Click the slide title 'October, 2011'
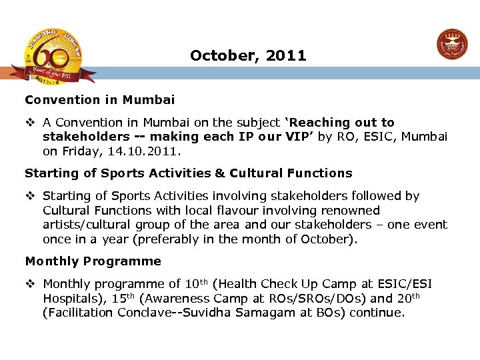[248, 56]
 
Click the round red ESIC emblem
[451, 45]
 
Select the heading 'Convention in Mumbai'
[100, 100]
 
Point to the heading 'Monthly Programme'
[93, 261]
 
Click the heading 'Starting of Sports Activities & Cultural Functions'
[188, 173]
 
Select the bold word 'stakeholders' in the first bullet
[86, 137]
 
